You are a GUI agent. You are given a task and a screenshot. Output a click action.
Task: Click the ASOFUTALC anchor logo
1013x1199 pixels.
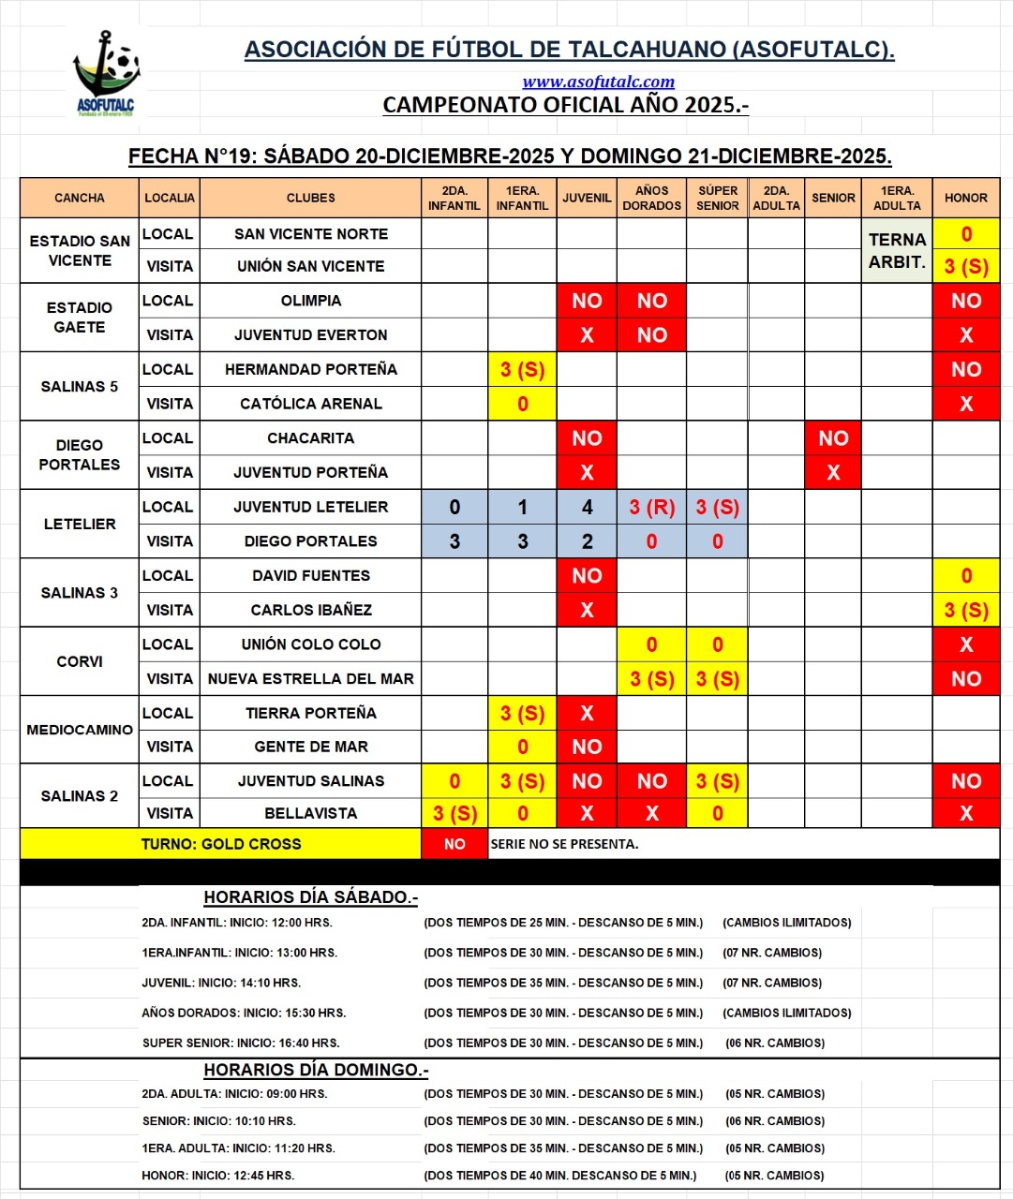pyautogui.click(x=105, y=72)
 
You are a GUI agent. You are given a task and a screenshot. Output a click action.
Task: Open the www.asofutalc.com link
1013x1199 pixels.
pyautogui.click(x=598, y=81)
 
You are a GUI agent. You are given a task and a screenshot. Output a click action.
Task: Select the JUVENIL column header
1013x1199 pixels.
pyautogui.click(x=587, y=198)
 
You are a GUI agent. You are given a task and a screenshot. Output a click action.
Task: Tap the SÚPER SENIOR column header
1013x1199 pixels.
pyautogui.click(x=717, y=198)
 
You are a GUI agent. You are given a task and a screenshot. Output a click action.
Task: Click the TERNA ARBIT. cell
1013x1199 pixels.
pyautogui.click(x=897, y=250)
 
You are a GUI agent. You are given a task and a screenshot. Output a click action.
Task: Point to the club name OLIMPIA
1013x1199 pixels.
pyautogui.click(x=310, y=301)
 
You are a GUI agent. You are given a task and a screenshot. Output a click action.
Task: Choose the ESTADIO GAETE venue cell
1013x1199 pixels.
pyautogui.click(x=80, y=318)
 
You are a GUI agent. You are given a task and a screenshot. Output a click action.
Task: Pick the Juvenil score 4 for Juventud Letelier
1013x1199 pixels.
pyautogui.click(x=587, y=507)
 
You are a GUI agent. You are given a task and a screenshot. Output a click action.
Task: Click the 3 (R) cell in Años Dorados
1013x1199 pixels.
pyautogui.click(x=651, y=507)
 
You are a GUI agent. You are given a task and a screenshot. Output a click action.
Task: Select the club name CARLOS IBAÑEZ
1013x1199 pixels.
pyautogui.click(x=310, y=610)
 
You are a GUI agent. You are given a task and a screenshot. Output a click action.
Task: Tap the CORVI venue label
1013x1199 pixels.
pyautogui.click(x=80, y=661)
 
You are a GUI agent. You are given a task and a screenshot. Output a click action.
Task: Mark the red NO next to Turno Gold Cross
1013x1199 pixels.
pyautogui.click(x=454, y=844)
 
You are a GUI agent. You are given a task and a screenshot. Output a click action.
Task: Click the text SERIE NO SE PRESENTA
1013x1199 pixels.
pyautogui.click(x=564, y=844)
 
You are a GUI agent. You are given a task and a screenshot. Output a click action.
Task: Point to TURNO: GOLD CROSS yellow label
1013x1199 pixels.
pyautogui.click(x=221, y=844)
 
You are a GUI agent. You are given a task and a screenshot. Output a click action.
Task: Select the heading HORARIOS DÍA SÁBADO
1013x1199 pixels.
pyautogui.click(x=310, y=897)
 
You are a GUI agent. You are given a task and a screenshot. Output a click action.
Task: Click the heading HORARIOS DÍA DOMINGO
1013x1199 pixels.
pyautogui.click(x=316, y=1070)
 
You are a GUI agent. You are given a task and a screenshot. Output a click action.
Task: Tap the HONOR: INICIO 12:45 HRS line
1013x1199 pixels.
pyautogui.click(x=217, y=1176)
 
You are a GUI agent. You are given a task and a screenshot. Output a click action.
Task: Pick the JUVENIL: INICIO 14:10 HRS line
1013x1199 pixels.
pyautogui.click(x=221, y=983)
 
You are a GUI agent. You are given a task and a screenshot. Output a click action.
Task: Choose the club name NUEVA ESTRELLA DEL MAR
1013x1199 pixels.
pyautogui.click(x=310, y=678)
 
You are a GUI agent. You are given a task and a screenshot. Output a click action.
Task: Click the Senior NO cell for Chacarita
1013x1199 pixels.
pyautogui.click(x=833, y=438)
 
